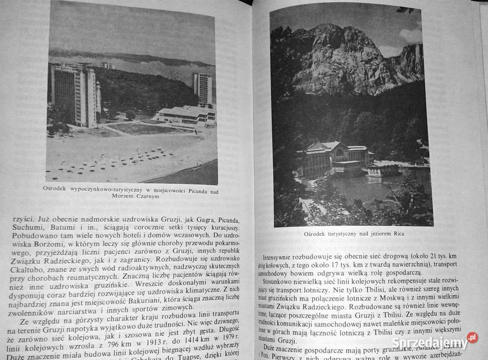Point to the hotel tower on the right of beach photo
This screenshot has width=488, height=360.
click(202, 88)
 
